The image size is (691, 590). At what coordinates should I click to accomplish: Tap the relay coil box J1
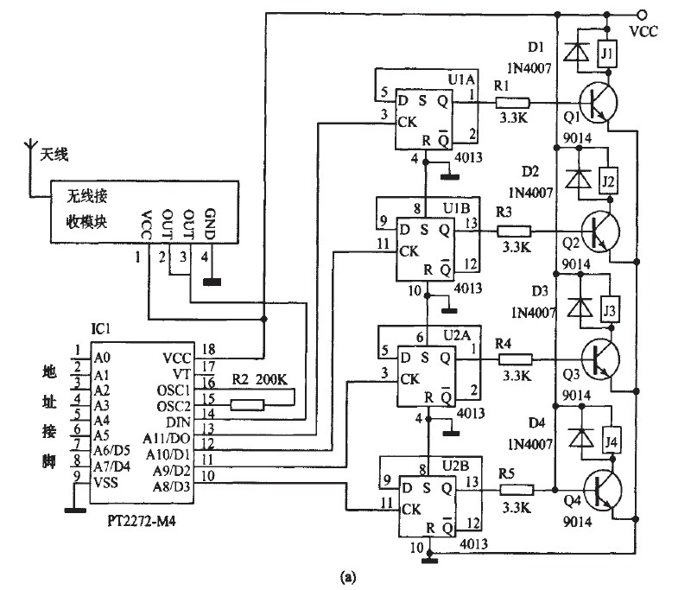[607, 54]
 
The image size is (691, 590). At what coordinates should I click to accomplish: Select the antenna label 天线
[52, 155]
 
